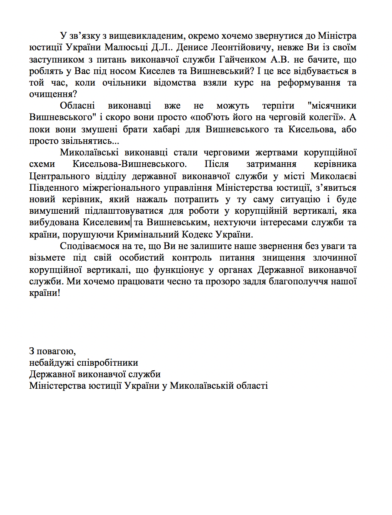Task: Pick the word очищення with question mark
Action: pos(53,94)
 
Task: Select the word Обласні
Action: pos(77,106)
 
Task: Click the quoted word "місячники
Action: pos(332,106)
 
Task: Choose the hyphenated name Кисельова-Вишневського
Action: pos(130,164)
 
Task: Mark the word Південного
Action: pos(54,188)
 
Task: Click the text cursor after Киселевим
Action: pos(131,222)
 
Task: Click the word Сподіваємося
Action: pos(90,246)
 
